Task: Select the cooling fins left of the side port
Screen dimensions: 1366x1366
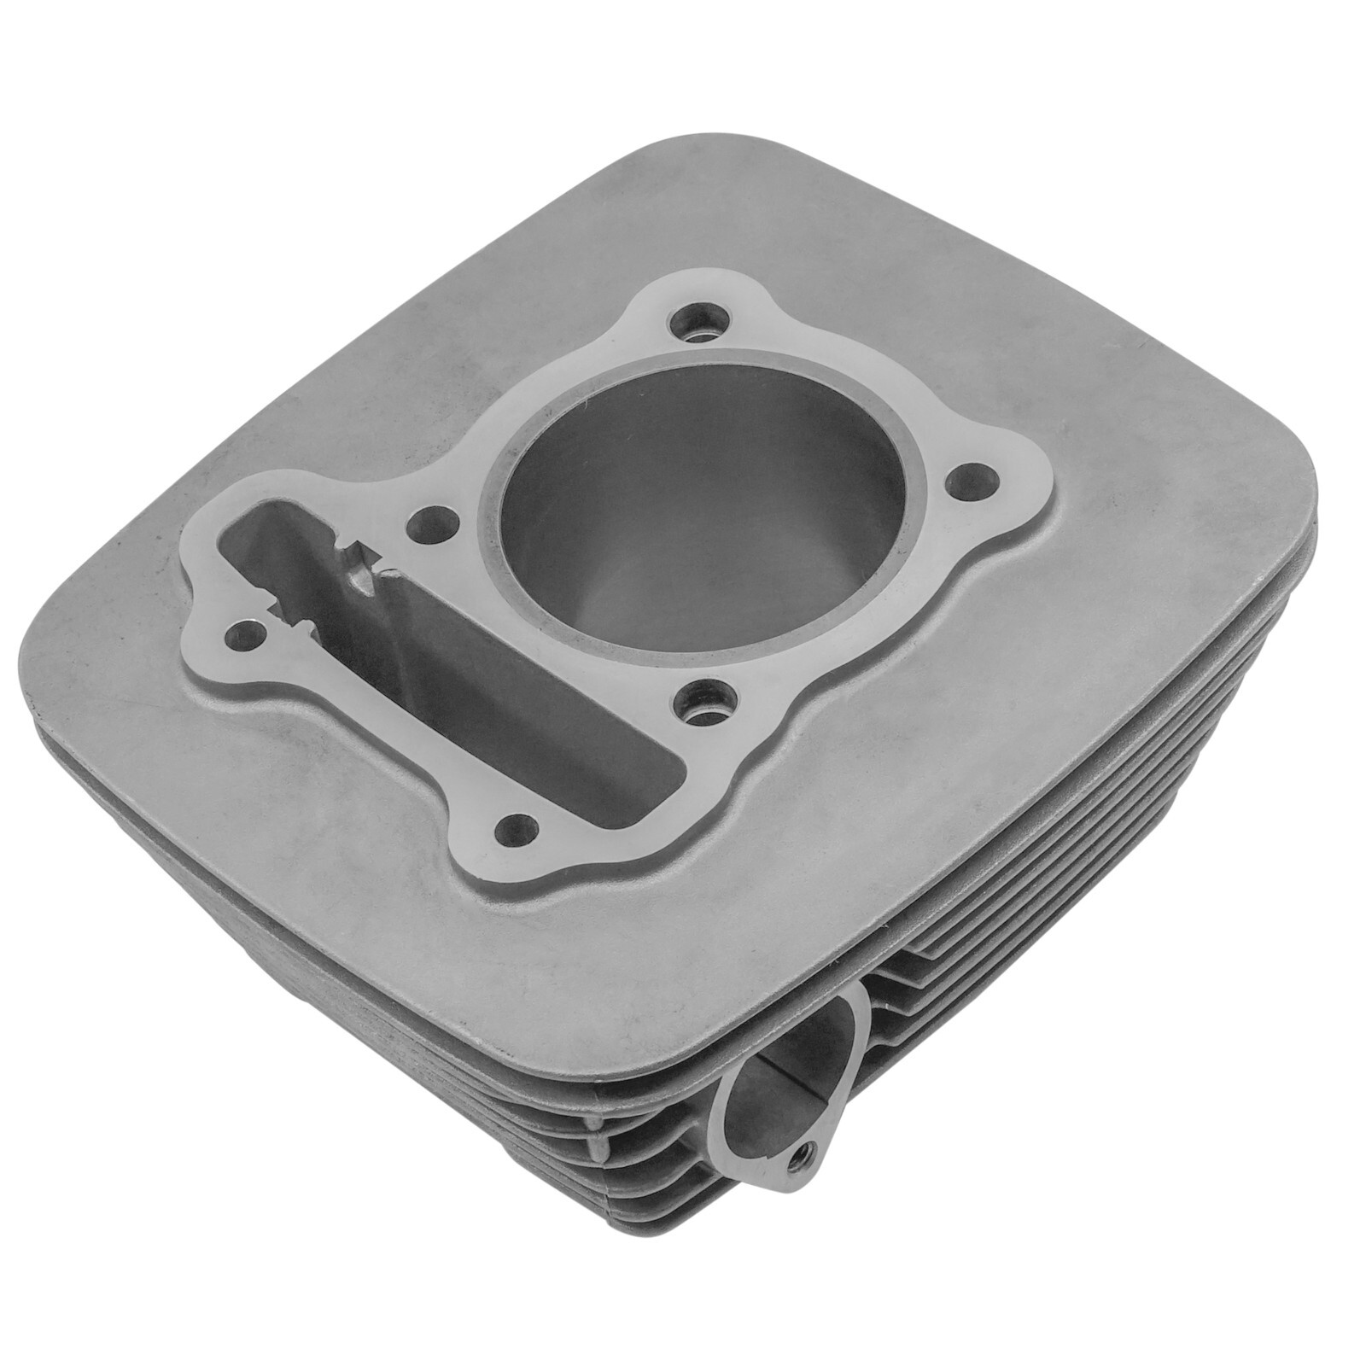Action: (x=598, y=1135)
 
